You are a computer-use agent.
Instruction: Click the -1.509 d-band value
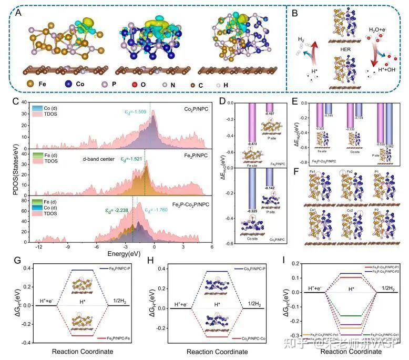click(x=137, y=111)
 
